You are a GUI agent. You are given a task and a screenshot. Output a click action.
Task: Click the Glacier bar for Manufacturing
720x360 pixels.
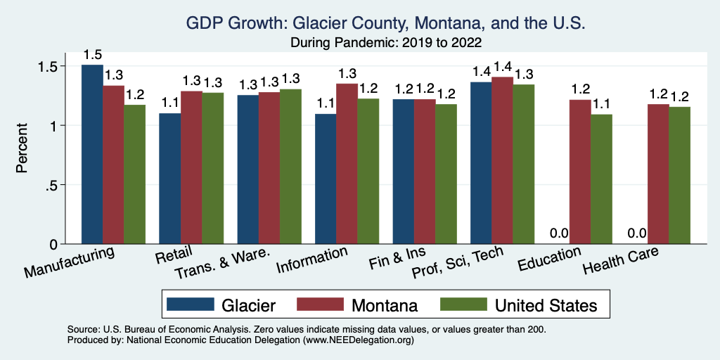click(x=92, y=155)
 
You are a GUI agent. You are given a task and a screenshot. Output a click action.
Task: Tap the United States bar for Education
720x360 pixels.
click(x=601, y=179)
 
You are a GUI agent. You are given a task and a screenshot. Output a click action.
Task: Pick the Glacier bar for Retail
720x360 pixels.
click(x=169, y=179)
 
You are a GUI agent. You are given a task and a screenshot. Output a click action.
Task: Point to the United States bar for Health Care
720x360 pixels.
click(x=679, y=176)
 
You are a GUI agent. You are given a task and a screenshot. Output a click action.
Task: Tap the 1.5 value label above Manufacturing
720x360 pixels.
click(x=92, y=55)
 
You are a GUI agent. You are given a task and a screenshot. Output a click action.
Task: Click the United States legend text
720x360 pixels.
click(x=546, y=305)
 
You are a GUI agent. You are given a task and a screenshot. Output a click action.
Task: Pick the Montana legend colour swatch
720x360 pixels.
click(x=321, y=304)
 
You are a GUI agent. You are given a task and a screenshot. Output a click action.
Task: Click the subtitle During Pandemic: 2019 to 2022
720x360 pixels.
click(x=385, y=42)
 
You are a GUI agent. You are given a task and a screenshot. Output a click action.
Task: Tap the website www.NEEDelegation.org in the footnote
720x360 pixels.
click(x=359, y=340)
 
